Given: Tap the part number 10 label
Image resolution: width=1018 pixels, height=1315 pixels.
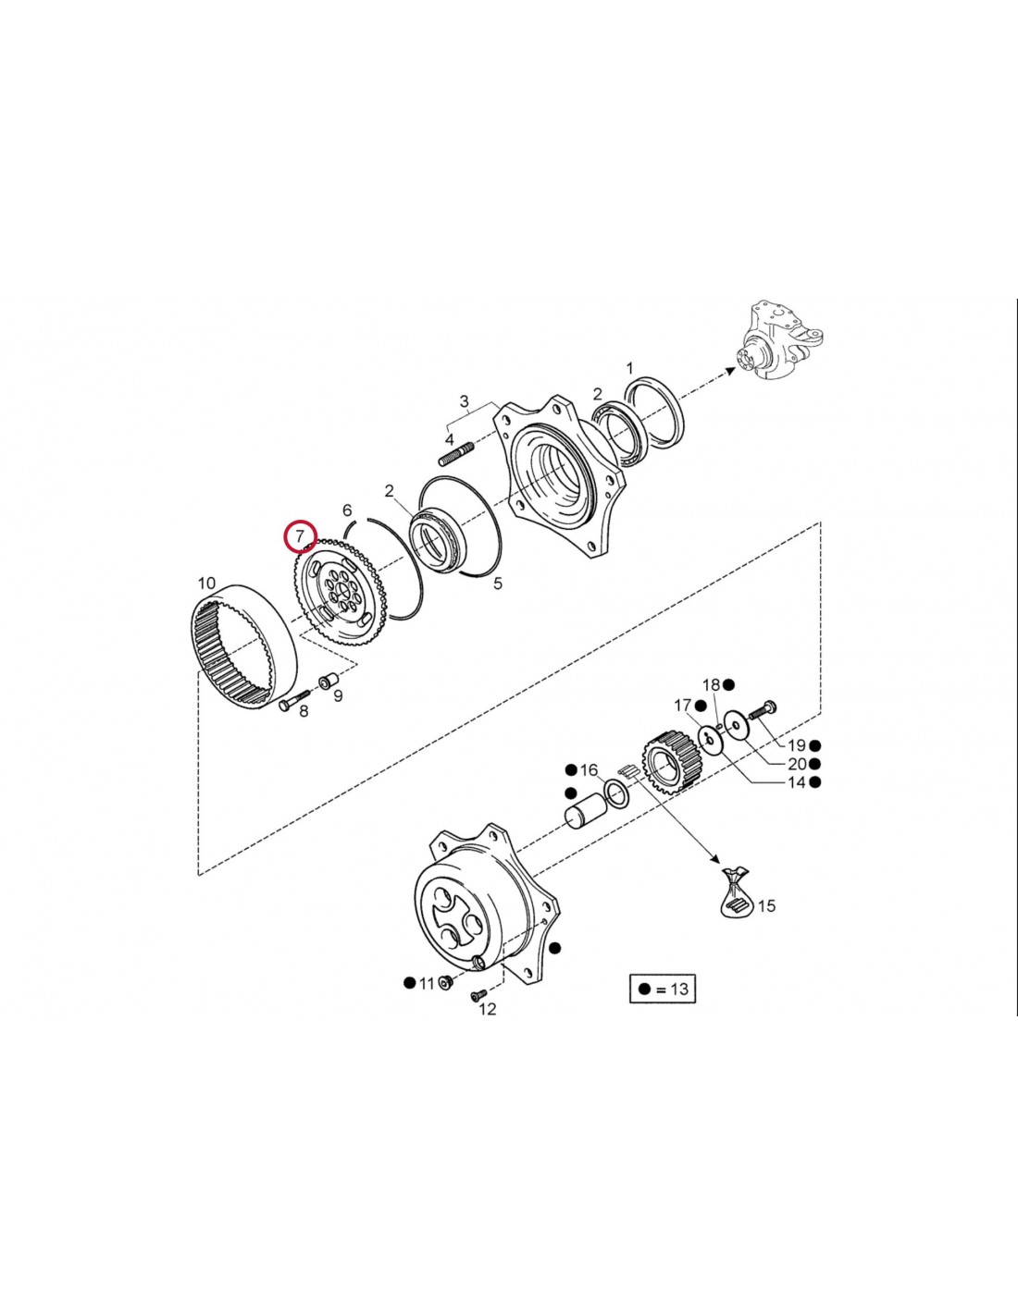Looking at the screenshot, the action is (x=206, y=584).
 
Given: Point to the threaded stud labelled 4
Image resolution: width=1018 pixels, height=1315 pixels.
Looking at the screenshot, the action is (x=456, y=454).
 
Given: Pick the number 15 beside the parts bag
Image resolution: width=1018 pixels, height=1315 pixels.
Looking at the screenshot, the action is (x=766, y=923).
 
